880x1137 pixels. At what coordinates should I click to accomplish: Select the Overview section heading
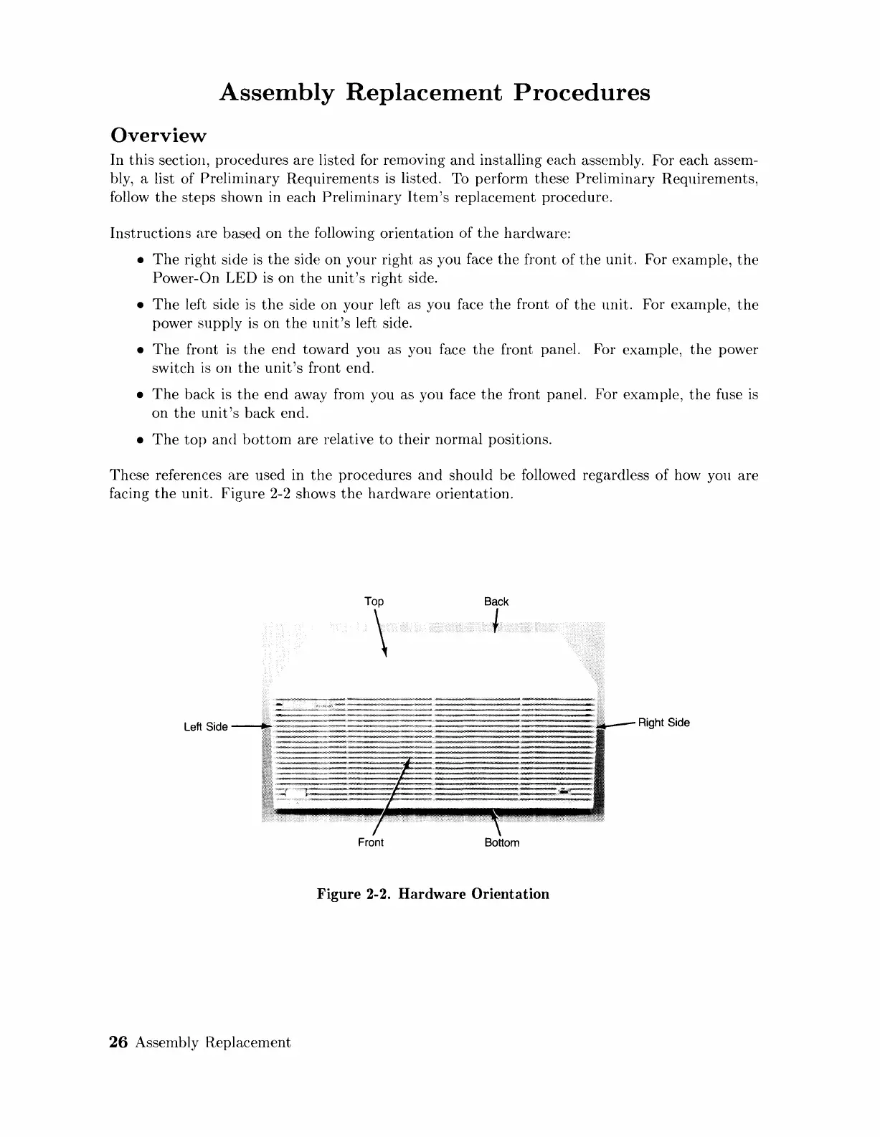[158, 135]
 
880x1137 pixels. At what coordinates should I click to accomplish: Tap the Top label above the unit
[374, 601]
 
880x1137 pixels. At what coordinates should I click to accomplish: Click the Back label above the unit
[496, 601]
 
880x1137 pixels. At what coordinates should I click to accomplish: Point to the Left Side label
[206, 727]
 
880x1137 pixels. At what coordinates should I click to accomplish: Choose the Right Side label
[663, 723]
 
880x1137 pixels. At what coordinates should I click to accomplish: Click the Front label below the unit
[370, 842]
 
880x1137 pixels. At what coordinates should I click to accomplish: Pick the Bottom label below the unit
[501, 842]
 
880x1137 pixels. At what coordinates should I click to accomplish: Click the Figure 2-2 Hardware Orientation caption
[433, 894]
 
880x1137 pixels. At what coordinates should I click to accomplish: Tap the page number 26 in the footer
[118, 1043]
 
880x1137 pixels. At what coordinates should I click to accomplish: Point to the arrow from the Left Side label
[251, 726]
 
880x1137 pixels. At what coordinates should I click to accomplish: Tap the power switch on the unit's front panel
[295, 793]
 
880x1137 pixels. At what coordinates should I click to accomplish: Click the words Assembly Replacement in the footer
[213, 1043]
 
